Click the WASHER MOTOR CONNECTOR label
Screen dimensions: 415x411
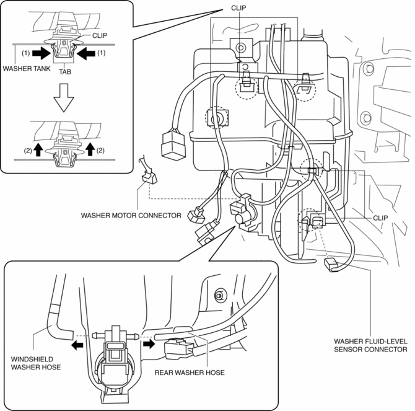click(131, 215)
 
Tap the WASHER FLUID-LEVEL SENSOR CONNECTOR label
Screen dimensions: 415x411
click(370, 345)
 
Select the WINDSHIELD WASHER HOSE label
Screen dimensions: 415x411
click(36, 363)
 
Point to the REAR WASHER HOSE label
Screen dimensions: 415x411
click(190, 373)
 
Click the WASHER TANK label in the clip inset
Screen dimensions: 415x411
click(27, 69)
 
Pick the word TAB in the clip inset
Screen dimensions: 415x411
click(65, 72)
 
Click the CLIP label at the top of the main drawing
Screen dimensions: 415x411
click(238, 8)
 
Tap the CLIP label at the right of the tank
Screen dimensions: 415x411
click(380, 218)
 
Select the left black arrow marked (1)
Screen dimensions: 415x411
click(41, 53)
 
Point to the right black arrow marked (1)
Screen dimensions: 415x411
click(86, 53)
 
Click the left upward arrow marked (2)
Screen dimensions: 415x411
click(38, 149)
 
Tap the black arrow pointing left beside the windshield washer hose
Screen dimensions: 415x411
click(77, 345)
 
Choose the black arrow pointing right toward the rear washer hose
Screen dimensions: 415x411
click(149, 344)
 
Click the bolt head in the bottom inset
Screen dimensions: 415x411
click(219, 295)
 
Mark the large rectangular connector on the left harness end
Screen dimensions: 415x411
click(173, 145)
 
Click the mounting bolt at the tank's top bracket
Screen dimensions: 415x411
click(241, 48)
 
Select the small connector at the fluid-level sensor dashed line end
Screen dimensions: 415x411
click(331, 265)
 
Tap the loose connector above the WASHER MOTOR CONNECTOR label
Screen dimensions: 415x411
click(149, 177)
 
